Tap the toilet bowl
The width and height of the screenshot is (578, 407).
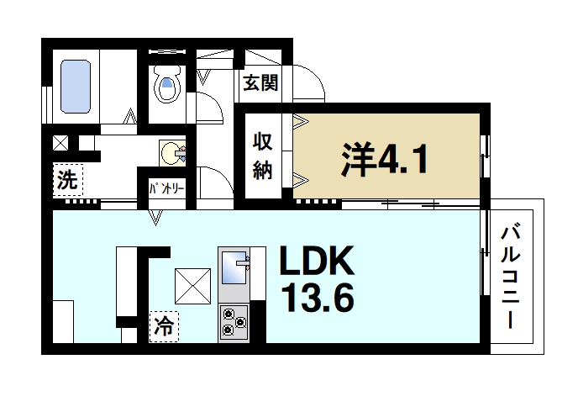(168, 86)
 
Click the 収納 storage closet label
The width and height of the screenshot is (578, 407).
(262, 156)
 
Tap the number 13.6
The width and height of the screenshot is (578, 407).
(317, 299)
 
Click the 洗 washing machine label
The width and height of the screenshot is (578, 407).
(66, 179)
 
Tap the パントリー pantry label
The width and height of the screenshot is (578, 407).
(167, 188)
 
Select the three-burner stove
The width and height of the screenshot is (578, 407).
(233, 321)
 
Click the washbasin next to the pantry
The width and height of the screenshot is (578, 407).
(173, 154)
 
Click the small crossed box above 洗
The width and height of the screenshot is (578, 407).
(61, 143)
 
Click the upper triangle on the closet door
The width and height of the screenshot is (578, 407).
(298, 123)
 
